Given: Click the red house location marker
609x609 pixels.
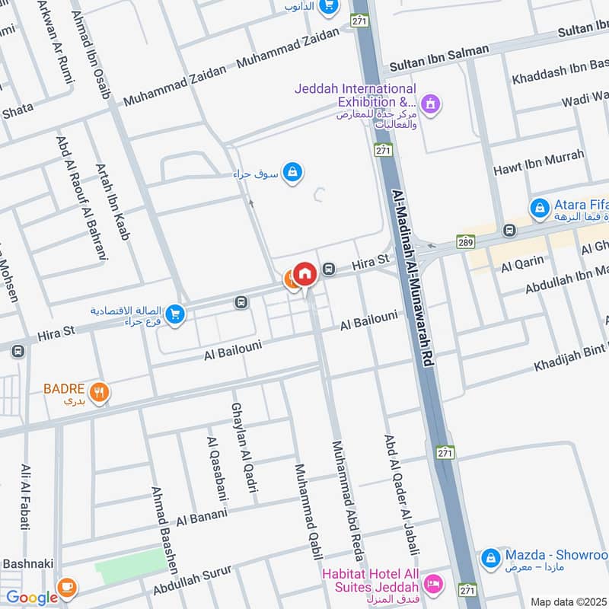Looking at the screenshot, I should click(304, 273).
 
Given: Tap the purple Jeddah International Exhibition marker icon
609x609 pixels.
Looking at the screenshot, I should click(431, 103).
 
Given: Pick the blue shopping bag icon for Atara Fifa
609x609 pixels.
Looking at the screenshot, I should click(540, 207).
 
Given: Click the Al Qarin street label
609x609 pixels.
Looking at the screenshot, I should click(522, 263).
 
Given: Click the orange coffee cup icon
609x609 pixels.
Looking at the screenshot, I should click(67, 588).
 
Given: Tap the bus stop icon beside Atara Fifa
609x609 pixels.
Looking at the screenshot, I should click(509, 230).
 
